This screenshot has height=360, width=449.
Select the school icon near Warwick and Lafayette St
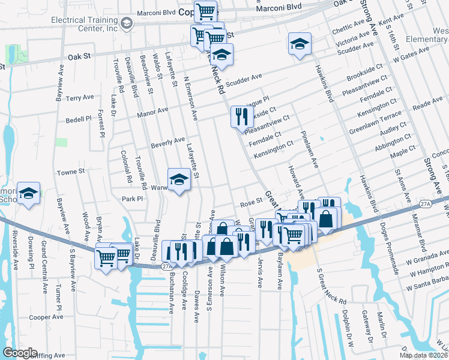click(179, 179)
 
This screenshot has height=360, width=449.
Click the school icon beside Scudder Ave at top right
click(300, 43)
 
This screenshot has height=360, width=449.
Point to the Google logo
click(20, 353)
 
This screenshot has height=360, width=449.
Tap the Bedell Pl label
click(78, 119)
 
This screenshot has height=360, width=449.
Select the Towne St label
click(70, 172)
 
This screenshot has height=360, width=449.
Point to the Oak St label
click(78, 57)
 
